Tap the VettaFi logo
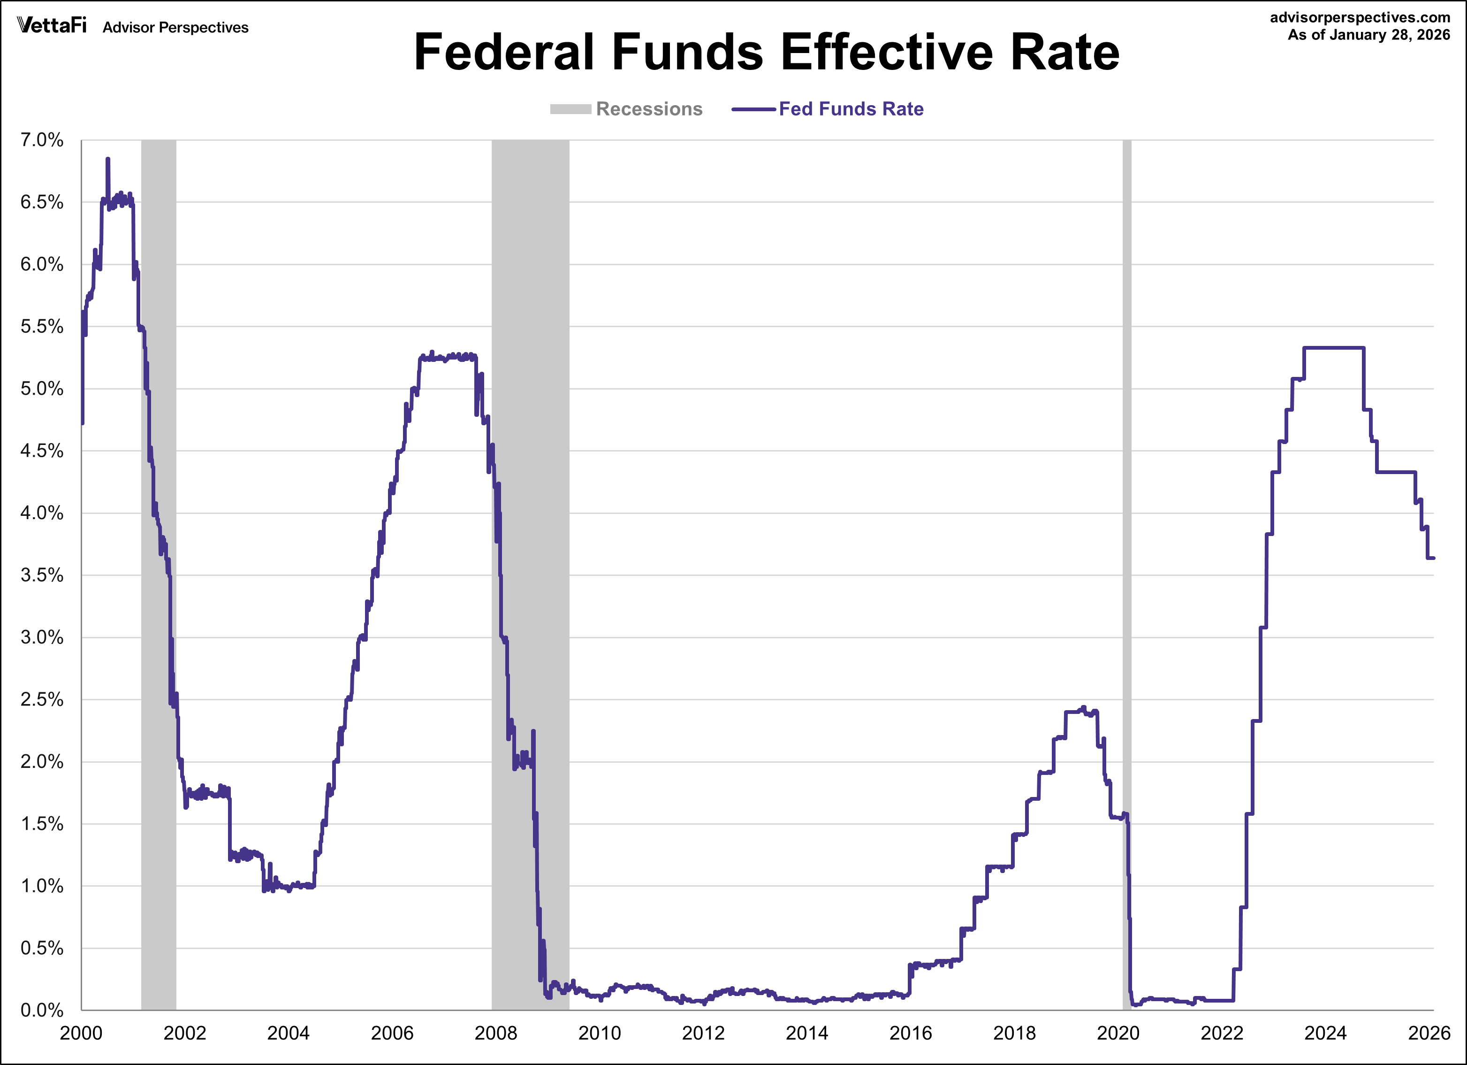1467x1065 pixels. [x=51, y=25]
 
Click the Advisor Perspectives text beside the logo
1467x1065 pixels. [x=175, y=27]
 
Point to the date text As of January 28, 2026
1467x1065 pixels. [x=1368, y=35]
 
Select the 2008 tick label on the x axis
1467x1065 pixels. [x=495, y=1033]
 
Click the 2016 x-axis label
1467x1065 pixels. [x=911, y=1033]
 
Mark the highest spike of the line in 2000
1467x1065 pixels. [x=107, y=159]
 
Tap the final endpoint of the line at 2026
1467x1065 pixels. [x=1433, y=558]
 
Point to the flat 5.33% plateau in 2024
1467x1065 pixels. [x=1332, y=348]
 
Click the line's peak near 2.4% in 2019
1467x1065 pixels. [x=1083, y=708]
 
